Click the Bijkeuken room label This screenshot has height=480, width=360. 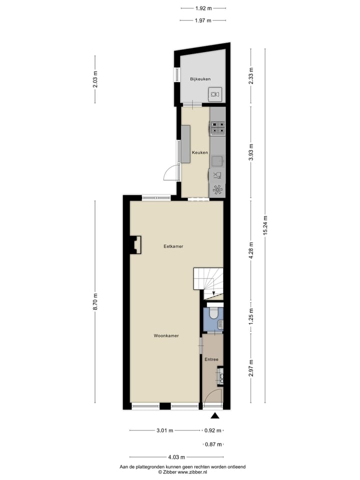200,79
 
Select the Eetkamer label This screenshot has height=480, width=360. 173,246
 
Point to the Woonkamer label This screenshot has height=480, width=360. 166,336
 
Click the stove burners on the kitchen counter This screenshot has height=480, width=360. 218,128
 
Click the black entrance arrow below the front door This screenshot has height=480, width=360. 215,415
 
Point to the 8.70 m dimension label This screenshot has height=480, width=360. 95,301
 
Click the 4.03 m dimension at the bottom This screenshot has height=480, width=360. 176,457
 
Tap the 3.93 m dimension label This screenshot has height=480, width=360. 251,151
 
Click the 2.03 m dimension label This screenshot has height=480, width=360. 95,79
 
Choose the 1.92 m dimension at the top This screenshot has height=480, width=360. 202,8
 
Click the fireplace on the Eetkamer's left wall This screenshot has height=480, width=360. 136,245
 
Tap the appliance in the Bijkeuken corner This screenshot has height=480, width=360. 215,93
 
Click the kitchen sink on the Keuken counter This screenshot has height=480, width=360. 217,160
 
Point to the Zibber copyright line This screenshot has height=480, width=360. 182,471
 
